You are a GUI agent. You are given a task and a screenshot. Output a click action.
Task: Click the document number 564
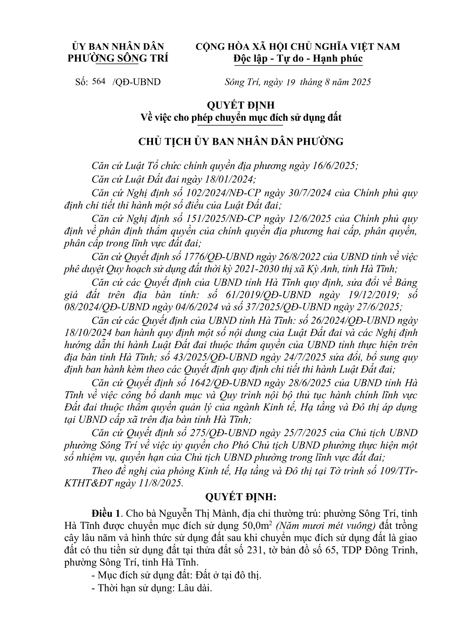pyautogui.click(x=100, y=81)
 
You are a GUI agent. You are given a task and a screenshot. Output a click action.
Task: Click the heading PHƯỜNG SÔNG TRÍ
pyautogui.click(x=118, y=59)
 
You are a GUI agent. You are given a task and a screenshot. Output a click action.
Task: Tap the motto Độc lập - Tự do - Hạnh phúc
pyautogui.click(x=298, y=59)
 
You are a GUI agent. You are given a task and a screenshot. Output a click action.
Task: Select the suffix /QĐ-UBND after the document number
pyautogui.click(x=137, y=82)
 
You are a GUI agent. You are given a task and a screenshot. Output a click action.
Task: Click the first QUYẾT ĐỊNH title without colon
pyautogui.click(x=241, y=105)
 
